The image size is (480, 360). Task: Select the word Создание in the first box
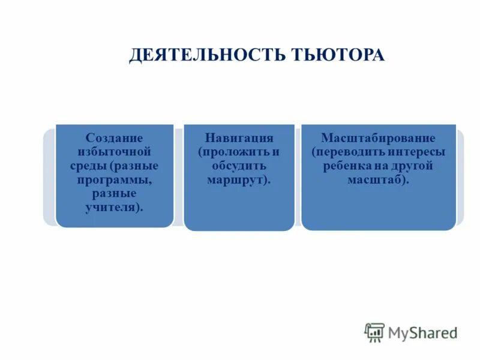tap(114, 138)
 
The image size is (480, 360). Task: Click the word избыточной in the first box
tap(114, 152)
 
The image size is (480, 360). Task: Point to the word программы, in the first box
tap(114, 179)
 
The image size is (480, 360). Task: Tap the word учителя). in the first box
tap(114, 207)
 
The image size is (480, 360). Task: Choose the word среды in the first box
tap(88, 166)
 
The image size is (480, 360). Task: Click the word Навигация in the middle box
tap(239, 138)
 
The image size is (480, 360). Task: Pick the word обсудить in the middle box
tap(239, 166)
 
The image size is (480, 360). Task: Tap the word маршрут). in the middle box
tap(239, 179)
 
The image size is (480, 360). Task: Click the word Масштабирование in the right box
tap(378, 138)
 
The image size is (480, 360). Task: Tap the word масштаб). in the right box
tap(378, 179)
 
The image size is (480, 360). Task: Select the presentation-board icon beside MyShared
tap(374, 332)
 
